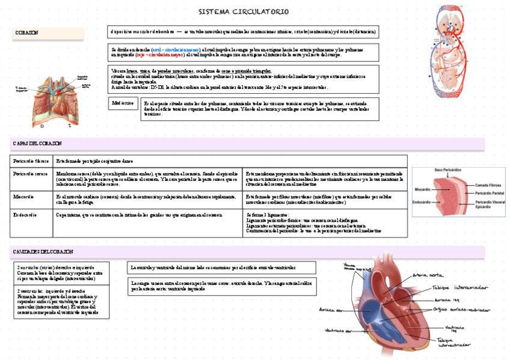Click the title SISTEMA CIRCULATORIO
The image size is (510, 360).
pos(244,12)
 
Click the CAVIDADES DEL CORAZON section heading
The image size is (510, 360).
pos(43,251)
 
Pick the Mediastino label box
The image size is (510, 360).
pos(123,103)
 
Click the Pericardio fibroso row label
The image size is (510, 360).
pos(31,161)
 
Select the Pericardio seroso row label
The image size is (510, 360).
pos(31,173)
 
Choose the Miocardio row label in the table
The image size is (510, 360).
pos(23,197)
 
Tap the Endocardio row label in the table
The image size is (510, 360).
pos(25,214)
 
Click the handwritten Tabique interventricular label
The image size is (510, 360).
pos(454,343)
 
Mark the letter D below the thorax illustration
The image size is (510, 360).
pos(41,127)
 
